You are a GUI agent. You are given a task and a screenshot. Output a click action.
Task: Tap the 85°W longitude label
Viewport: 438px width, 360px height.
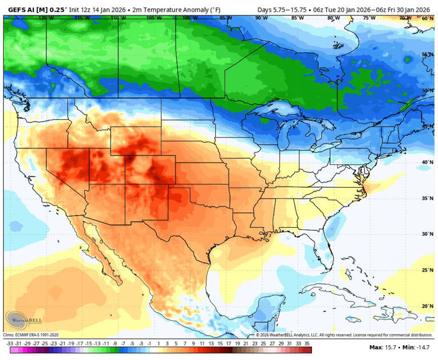pyautogui.click(x=297, y=18)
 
